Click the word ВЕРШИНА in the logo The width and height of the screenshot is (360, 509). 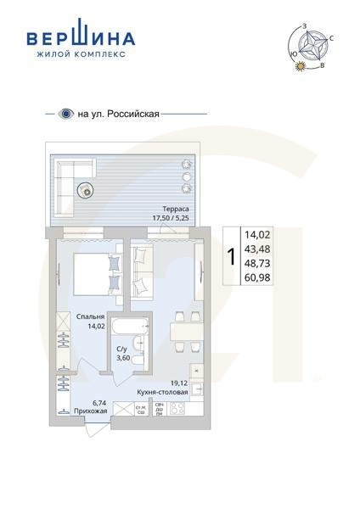pos(81,39)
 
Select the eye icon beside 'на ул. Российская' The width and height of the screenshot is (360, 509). pos(65,113)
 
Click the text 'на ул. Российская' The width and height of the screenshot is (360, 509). pos(118,113)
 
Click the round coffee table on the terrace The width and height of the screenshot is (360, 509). pos(85,190)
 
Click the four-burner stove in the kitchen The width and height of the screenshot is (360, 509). pos(179,409)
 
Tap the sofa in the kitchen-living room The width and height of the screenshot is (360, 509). pos(140,271)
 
